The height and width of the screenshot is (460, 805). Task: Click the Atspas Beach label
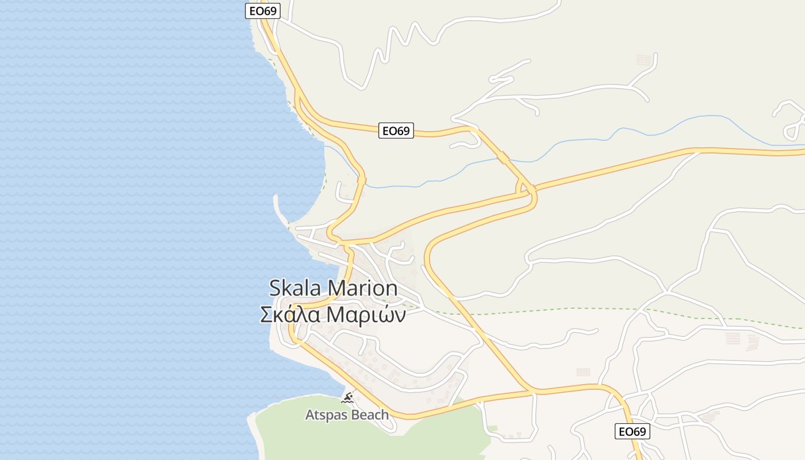(x=346, y=415)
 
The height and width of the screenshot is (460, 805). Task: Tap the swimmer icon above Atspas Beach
(x=347, y=398)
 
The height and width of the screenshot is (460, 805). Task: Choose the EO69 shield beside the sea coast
(x=263, y=11)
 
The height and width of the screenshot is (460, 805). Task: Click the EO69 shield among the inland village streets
(x=632, y=431)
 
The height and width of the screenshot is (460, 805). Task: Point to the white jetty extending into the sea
(x=280, y=210)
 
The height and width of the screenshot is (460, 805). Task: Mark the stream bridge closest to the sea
(x=361, y=181)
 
